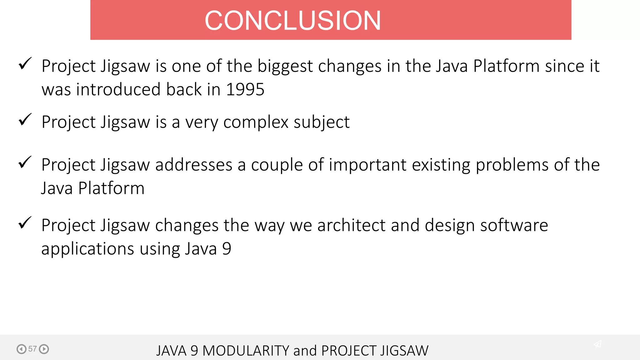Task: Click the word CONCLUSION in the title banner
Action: [292, 21]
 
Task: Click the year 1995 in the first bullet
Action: [245, 90]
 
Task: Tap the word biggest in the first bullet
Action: [285, 67]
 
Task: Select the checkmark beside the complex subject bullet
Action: [25, 120]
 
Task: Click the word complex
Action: [256, 122]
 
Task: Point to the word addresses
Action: [194, 165]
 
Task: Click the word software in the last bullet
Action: [514, 225]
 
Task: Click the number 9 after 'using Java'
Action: [227, 249]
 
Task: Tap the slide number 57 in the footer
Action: [32, 349]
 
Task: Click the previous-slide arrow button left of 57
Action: [21, 349]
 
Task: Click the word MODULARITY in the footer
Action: [246, 351]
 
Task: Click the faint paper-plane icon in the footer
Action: [597, 344]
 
